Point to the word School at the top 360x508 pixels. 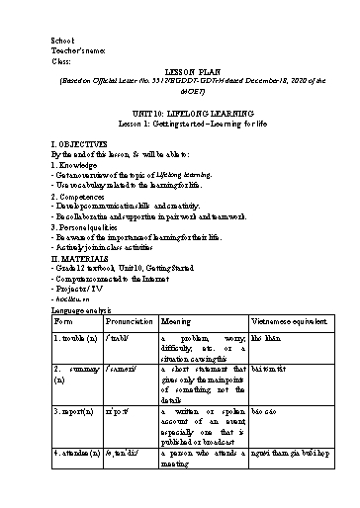point(62,40)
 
